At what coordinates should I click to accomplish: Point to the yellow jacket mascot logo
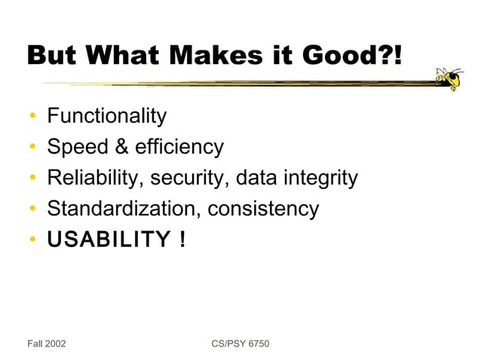tap(450, 78)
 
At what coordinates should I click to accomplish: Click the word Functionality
tap(106, 116)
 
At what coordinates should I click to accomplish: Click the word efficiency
tap(180, 147)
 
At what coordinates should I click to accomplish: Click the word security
tap(189, 178)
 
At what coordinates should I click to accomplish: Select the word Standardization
tap(121, 209)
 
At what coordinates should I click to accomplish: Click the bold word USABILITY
tap(109, 240)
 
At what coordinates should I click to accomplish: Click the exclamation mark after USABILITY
tap(182, 240)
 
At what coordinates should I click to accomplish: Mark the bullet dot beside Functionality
tap(33, 117)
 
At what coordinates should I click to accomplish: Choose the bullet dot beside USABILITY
tap(33, 241)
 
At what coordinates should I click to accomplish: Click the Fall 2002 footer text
tap(47, 344)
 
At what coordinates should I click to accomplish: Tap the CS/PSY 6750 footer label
tap(240, 344)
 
